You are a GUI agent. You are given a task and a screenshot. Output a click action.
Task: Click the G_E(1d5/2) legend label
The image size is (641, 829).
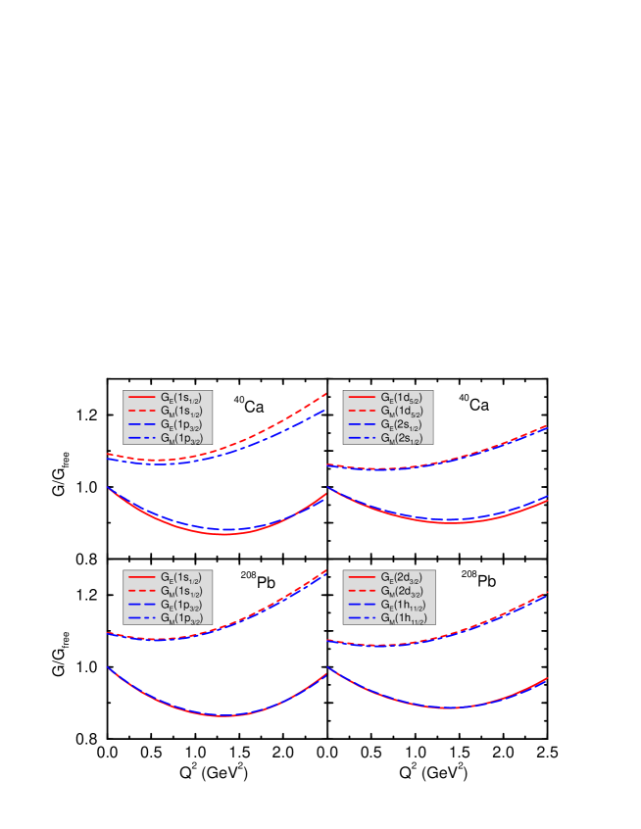402,398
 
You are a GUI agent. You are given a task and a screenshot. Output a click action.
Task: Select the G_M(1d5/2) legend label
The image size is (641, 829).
402,412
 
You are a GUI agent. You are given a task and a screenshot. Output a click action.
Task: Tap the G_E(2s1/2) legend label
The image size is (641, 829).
402,425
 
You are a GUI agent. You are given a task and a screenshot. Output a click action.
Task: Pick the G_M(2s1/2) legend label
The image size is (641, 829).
402,439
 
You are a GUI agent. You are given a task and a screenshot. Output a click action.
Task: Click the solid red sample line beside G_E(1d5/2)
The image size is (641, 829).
362,397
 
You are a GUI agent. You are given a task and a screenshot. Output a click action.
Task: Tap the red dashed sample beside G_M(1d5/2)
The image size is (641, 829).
362,411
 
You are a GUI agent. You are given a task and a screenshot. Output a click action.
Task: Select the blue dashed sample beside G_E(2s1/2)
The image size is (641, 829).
362,424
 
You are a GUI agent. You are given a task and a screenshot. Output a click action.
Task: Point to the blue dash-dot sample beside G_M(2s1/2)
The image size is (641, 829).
362,438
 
